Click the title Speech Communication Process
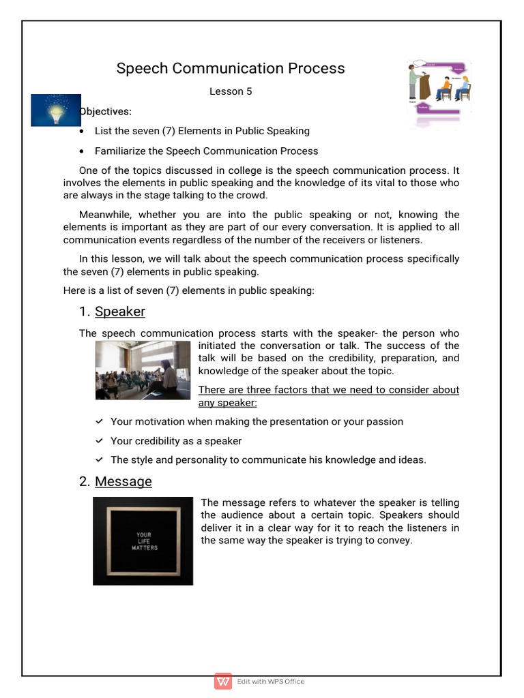click(x=231, y=68)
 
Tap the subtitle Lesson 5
click(x=231, y=91)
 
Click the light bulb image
click(x=56, y=110)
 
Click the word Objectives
click(x=106, y=111)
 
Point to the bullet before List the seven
click(x=83, y=131)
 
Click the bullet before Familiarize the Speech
click(x=83, y=151)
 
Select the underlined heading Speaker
click(x=120, y=312)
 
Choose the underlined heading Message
click(x=123, y=481)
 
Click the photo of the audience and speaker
click(x=143, y=370)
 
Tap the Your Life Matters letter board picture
click(x=143, y=541)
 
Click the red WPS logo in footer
click(x=223, y=681)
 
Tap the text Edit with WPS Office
click(x=271, y=682)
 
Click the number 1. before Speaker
click(x=85, y=312)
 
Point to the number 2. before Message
click(x=85, y=481)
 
